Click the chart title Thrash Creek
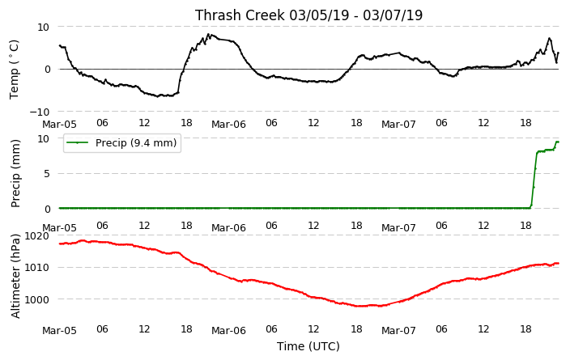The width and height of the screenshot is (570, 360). pos(240,15)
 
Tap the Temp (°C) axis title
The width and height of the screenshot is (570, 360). pos(14,69)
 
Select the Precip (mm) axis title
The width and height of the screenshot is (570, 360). pos(15,174)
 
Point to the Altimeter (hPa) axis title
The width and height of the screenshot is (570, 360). pos(15,276)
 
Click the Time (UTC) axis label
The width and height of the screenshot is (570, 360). pos(308,346)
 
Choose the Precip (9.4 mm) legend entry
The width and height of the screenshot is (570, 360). pos(122,142)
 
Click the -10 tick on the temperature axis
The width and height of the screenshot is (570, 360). pos(39,112)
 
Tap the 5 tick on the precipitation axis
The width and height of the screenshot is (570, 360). pos(46,174)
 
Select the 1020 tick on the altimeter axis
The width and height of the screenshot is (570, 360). pos(36,236)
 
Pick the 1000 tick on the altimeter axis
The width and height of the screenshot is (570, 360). pos(36,299)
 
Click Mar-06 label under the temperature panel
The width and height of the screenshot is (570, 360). pos(228,125)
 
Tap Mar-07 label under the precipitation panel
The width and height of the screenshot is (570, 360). pos(398,228)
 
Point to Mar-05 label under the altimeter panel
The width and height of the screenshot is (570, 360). pos(59,331)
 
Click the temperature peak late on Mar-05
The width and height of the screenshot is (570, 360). pos(208,35)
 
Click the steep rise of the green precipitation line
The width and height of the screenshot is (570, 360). pos(534,179)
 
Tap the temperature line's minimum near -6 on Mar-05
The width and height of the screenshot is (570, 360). pos(158,96)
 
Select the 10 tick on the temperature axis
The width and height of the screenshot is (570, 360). pos(43,28)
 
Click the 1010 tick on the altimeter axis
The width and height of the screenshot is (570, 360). pos(36,268)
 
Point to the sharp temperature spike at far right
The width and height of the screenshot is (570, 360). pos(549,39)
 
